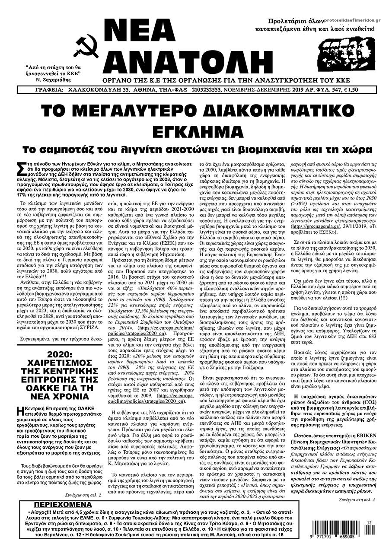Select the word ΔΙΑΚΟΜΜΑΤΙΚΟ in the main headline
[x=263, y=111]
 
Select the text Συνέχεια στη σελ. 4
[x=354, y=500]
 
